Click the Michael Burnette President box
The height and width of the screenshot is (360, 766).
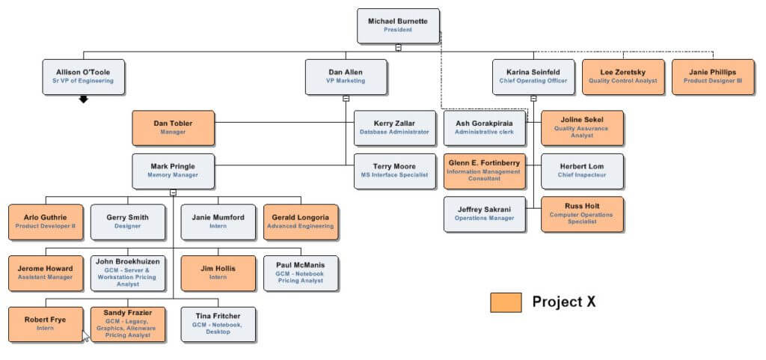[x=398, y=25]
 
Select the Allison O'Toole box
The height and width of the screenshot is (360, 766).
[x=83, y=76]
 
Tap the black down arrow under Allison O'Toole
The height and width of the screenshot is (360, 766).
[x=84, y=99]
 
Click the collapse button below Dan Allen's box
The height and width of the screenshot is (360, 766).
[x=346, y=98]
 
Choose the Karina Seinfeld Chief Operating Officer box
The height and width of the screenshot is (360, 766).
[x=533, y=76]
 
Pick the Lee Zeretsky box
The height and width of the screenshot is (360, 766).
[x=623, y=76]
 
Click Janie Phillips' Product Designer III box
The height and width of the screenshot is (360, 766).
[x=712, y=76]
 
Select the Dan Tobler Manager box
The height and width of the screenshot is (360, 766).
[x=173, y=127]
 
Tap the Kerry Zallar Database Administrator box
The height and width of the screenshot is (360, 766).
[x=394, y=127]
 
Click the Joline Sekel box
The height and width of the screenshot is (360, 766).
[x=581, y=127]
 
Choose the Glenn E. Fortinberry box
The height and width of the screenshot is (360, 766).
[x=484, y=171]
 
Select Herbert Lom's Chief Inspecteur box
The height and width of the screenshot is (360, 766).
[x=581, y=171]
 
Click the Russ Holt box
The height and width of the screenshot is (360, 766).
[x=581, y=214]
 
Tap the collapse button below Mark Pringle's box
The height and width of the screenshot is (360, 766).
[x=173, y=192]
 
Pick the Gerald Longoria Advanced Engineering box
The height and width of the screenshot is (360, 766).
[x=301, y=222]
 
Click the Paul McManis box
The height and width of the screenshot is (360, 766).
[x=301, y=273]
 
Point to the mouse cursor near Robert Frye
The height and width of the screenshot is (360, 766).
[x=85, y=335]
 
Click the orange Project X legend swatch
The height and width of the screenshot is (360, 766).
[x=506, y=302]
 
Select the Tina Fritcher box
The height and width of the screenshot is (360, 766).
[x=218, y=324]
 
